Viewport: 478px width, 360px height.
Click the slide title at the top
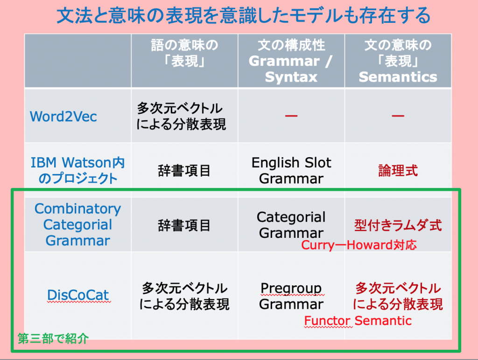pos(243,15)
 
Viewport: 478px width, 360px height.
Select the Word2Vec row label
pos(63,116)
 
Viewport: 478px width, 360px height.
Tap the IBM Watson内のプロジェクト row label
pos(78,170)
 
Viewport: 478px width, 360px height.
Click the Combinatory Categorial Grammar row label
pos(78,224)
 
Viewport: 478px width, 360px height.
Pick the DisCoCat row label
pos(78,295)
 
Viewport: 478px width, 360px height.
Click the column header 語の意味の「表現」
pos(184,53)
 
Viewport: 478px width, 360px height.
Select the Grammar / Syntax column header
pos(291,61)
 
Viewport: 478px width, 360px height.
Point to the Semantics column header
pos(398,61)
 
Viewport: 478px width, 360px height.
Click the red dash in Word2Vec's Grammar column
pos(291,116)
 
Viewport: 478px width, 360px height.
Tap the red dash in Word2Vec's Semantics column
pos(398,116)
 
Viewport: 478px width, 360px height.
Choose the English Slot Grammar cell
pos(291,170)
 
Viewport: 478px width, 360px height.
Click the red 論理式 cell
pos(398,170)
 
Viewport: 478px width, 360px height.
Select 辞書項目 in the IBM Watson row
pos(184,170)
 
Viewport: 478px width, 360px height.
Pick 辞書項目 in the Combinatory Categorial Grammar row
pos(184,225)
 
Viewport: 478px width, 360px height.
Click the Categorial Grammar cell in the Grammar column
pos(291,225)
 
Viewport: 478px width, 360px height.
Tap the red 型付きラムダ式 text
pos(398,225)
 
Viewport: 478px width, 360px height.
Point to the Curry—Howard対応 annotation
pos(359,245)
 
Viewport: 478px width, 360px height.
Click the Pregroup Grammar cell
pos(291,296)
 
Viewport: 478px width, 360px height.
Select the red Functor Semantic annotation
pos(358,321)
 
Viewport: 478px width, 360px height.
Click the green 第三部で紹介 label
pos(53,339)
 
